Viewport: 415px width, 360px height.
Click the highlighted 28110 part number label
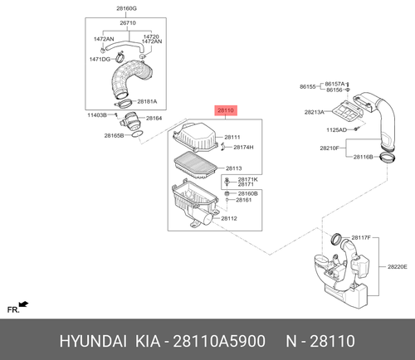click(226, 110)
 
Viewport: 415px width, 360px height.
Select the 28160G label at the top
click(126, 8)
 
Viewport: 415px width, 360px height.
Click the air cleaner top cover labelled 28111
click(195, 138)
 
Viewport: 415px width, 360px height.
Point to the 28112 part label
click(229, 218)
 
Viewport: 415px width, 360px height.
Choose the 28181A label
click(147, 101)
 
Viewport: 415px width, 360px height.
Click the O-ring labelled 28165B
click(137, 134)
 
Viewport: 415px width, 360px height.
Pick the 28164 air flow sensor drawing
click(131, 121)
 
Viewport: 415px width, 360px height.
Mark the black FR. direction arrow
click(24, 304)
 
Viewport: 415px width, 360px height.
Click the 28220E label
click(398, 267)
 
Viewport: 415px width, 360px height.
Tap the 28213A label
click(315, 112)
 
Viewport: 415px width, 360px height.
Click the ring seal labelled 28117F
click(336, 239)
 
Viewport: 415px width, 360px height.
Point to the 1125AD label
click(336, 129)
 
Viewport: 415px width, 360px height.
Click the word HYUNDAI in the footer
click(93, 341)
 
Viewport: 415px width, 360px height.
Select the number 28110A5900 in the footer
click(219, 341)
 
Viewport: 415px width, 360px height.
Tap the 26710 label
click(128, 22)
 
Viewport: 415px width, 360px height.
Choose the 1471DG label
click(100, 59)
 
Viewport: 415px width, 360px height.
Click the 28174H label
click(243, 148)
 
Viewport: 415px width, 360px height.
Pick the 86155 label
click(308, 86)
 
